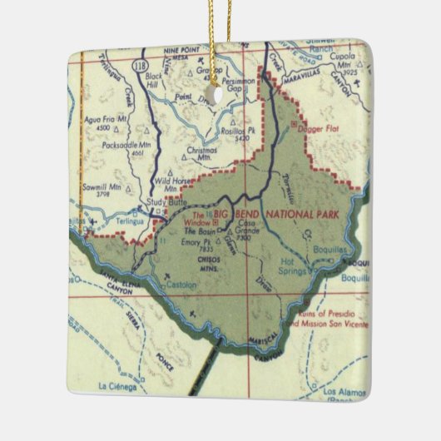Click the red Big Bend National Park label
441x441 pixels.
tap(276, 215)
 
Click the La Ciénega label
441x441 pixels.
tap(116, 386)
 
